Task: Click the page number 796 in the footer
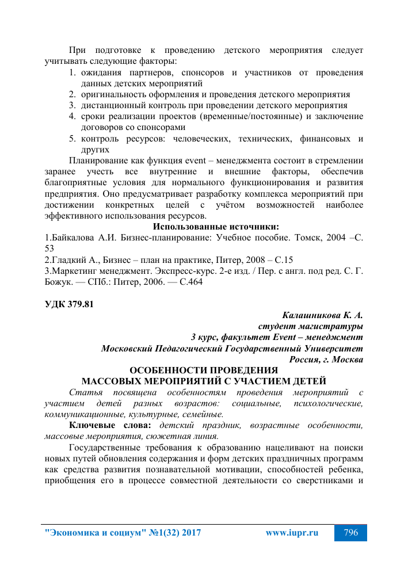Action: (x=350, y=533)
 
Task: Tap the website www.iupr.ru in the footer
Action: (x=292, y=533)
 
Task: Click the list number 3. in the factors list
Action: (x=73, y=105)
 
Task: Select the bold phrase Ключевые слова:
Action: (x=110, y=425)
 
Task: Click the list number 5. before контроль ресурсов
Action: (x=73, y=139)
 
